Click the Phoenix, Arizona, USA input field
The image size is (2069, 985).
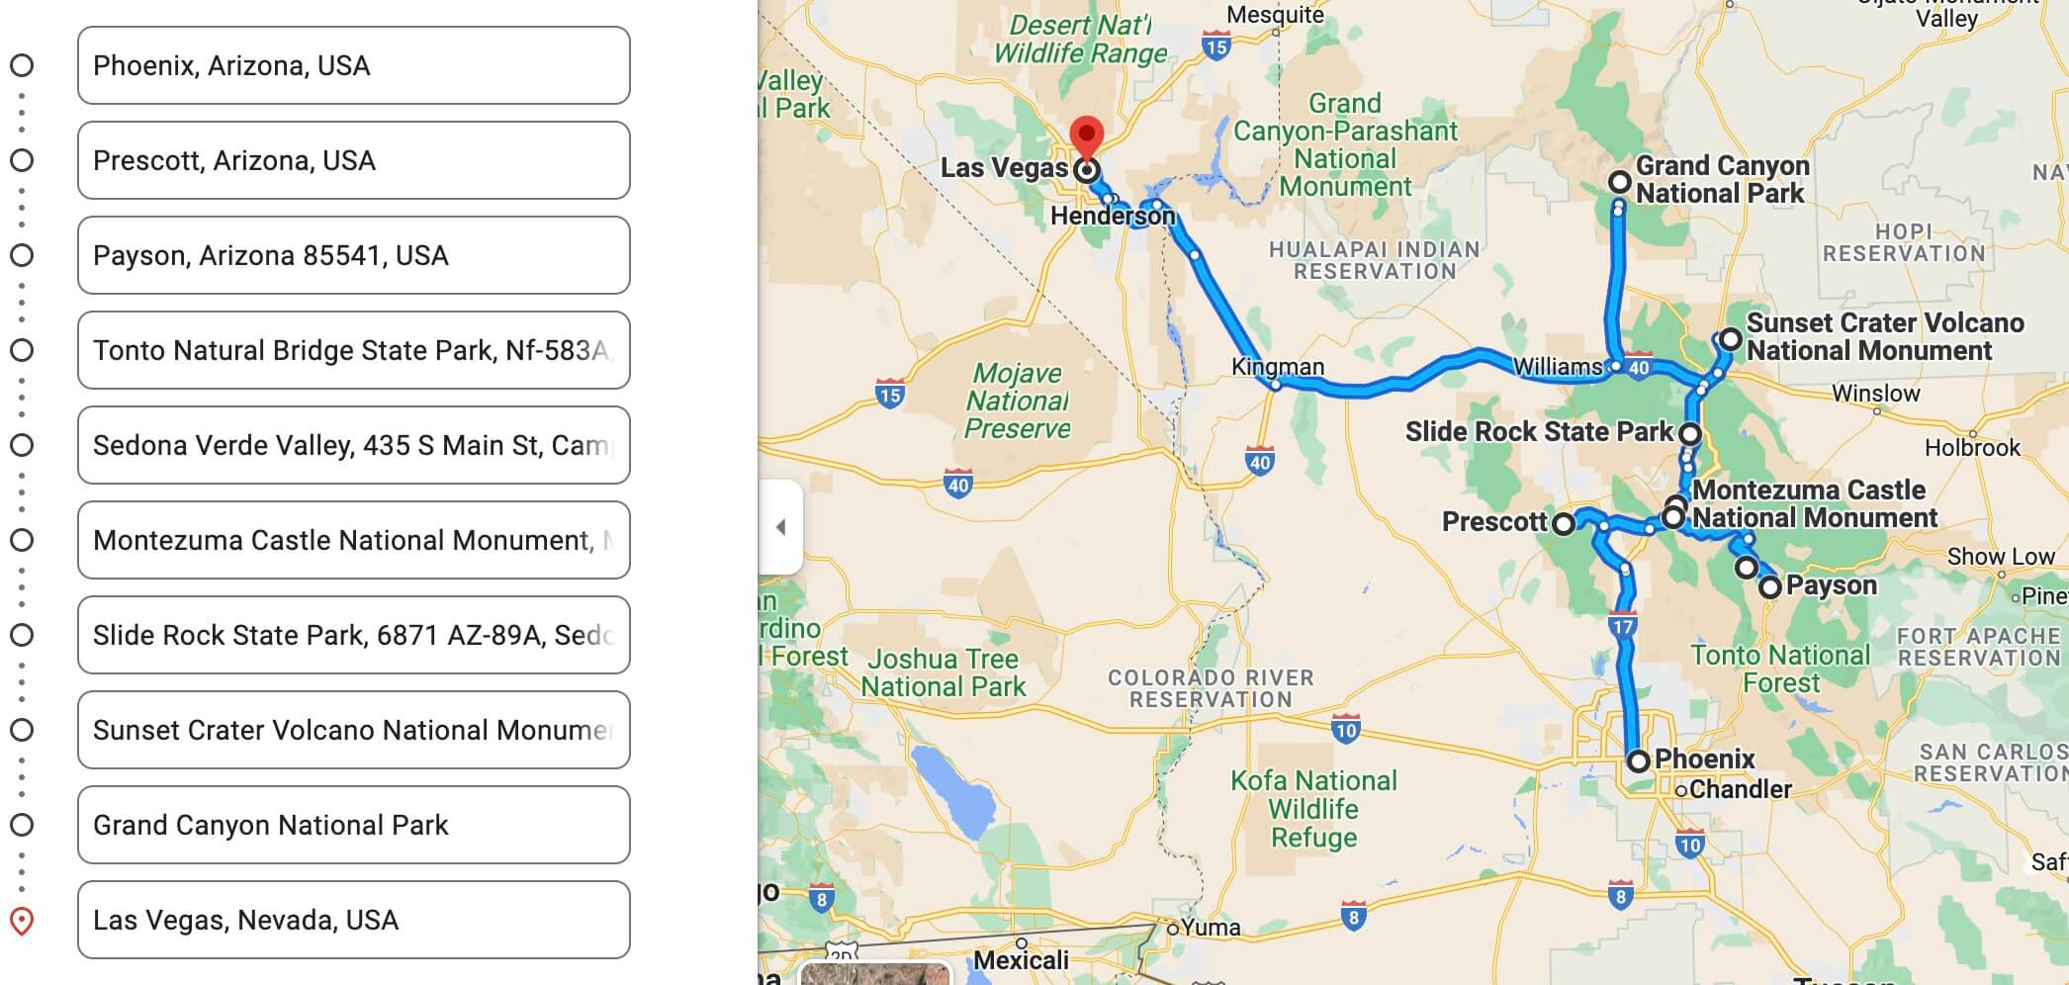(353, 65)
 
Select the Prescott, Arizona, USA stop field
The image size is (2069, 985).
(353, 160)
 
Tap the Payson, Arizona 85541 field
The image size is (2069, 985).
(353, 255)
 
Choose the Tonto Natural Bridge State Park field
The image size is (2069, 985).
(353, 350)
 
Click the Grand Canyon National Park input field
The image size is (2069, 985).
(353, 825)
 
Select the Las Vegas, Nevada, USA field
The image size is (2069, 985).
(353, 920)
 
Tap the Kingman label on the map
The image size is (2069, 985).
(1277, 366)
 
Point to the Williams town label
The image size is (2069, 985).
(1557, 367)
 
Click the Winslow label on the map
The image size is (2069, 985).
(1875, 394)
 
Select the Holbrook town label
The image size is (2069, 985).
(1972, 447)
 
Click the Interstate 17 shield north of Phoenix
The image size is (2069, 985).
(1623, 626)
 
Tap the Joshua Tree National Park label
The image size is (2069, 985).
(943, 672)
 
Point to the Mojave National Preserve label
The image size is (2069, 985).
(1017, 401)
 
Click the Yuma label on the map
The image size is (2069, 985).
(1210, 928)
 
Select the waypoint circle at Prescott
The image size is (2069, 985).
(1564, 523)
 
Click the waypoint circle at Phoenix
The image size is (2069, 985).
(1639, 761)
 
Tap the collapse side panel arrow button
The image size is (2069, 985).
(780, 527)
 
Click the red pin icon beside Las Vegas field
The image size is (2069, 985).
(22, 921)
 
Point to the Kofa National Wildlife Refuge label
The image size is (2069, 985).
(1313, 808)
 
